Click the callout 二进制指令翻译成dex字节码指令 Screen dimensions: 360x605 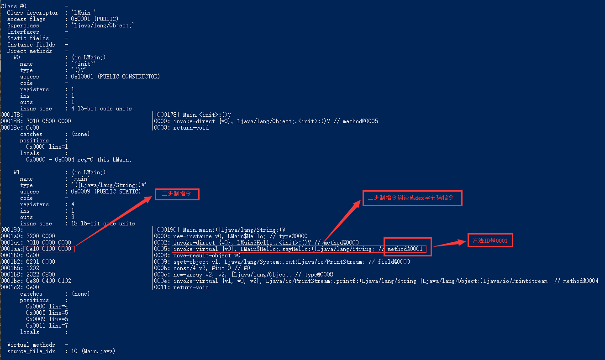[412, 198]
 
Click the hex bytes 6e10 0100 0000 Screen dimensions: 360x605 [49, 249]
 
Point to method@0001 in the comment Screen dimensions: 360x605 [405, 249]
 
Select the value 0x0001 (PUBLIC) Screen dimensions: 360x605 [95, 19]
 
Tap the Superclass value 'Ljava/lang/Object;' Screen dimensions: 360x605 [103, 26]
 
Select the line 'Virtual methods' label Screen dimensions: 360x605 [31, 345]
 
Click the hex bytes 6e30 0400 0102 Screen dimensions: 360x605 [49, 281]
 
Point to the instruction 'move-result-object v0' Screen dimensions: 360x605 [207, 256]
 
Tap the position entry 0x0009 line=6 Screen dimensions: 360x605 [47, 319]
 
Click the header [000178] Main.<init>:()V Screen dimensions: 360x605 [193, 115]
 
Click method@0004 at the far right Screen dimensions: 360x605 [581, 281]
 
